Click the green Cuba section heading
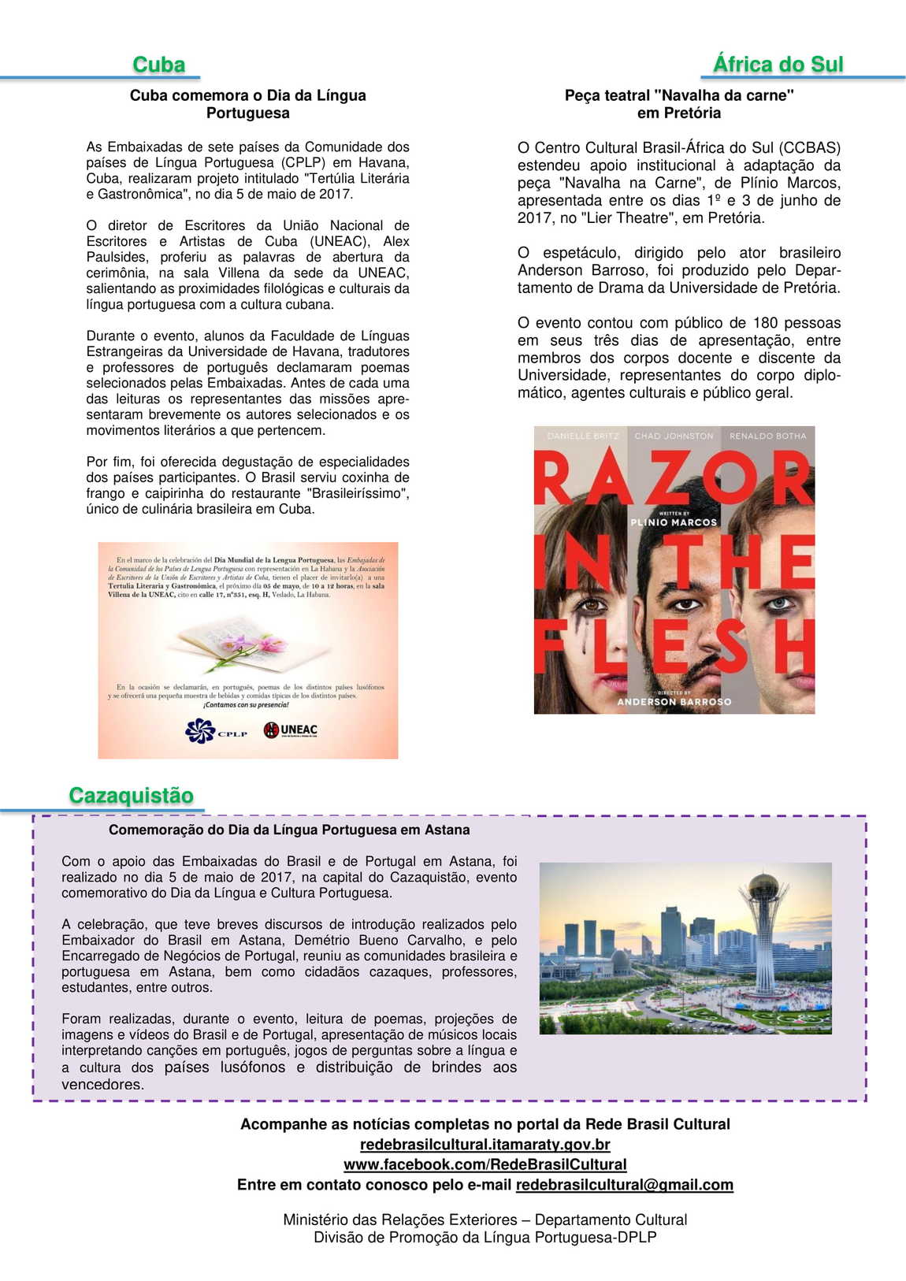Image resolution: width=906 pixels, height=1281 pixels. (158, 65)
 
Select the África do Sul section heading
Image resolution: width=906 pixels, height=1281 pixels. (778, 64)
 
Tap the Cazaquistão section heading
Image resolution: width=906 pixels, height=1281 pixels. (131, 795)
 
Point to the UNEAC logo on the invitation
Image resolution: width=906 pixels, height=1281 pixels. (291, 730)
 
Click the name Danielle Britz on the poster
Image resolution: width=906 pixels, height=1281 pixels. (583, 436)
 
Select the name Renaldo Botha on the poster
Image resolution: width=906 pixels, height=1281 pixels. (768, 436)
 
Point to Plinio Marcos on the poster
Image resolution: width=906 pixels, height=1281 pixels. (674, 522)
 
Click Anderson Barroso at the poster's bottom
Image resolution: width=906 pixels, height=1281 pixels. (674, 701)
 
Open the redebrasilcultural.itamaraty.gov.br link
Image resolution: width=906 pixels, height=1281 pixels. (485, 1144)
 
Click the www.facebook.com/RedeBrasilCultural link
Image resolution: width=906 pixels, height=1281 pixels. (485, 1164)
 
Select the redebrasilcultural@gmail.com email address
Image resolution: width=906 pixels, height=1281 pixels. (624, 1185)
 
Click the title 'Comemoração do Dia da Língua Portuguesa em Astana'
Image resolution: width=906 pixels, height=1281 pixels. (289, 830)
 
